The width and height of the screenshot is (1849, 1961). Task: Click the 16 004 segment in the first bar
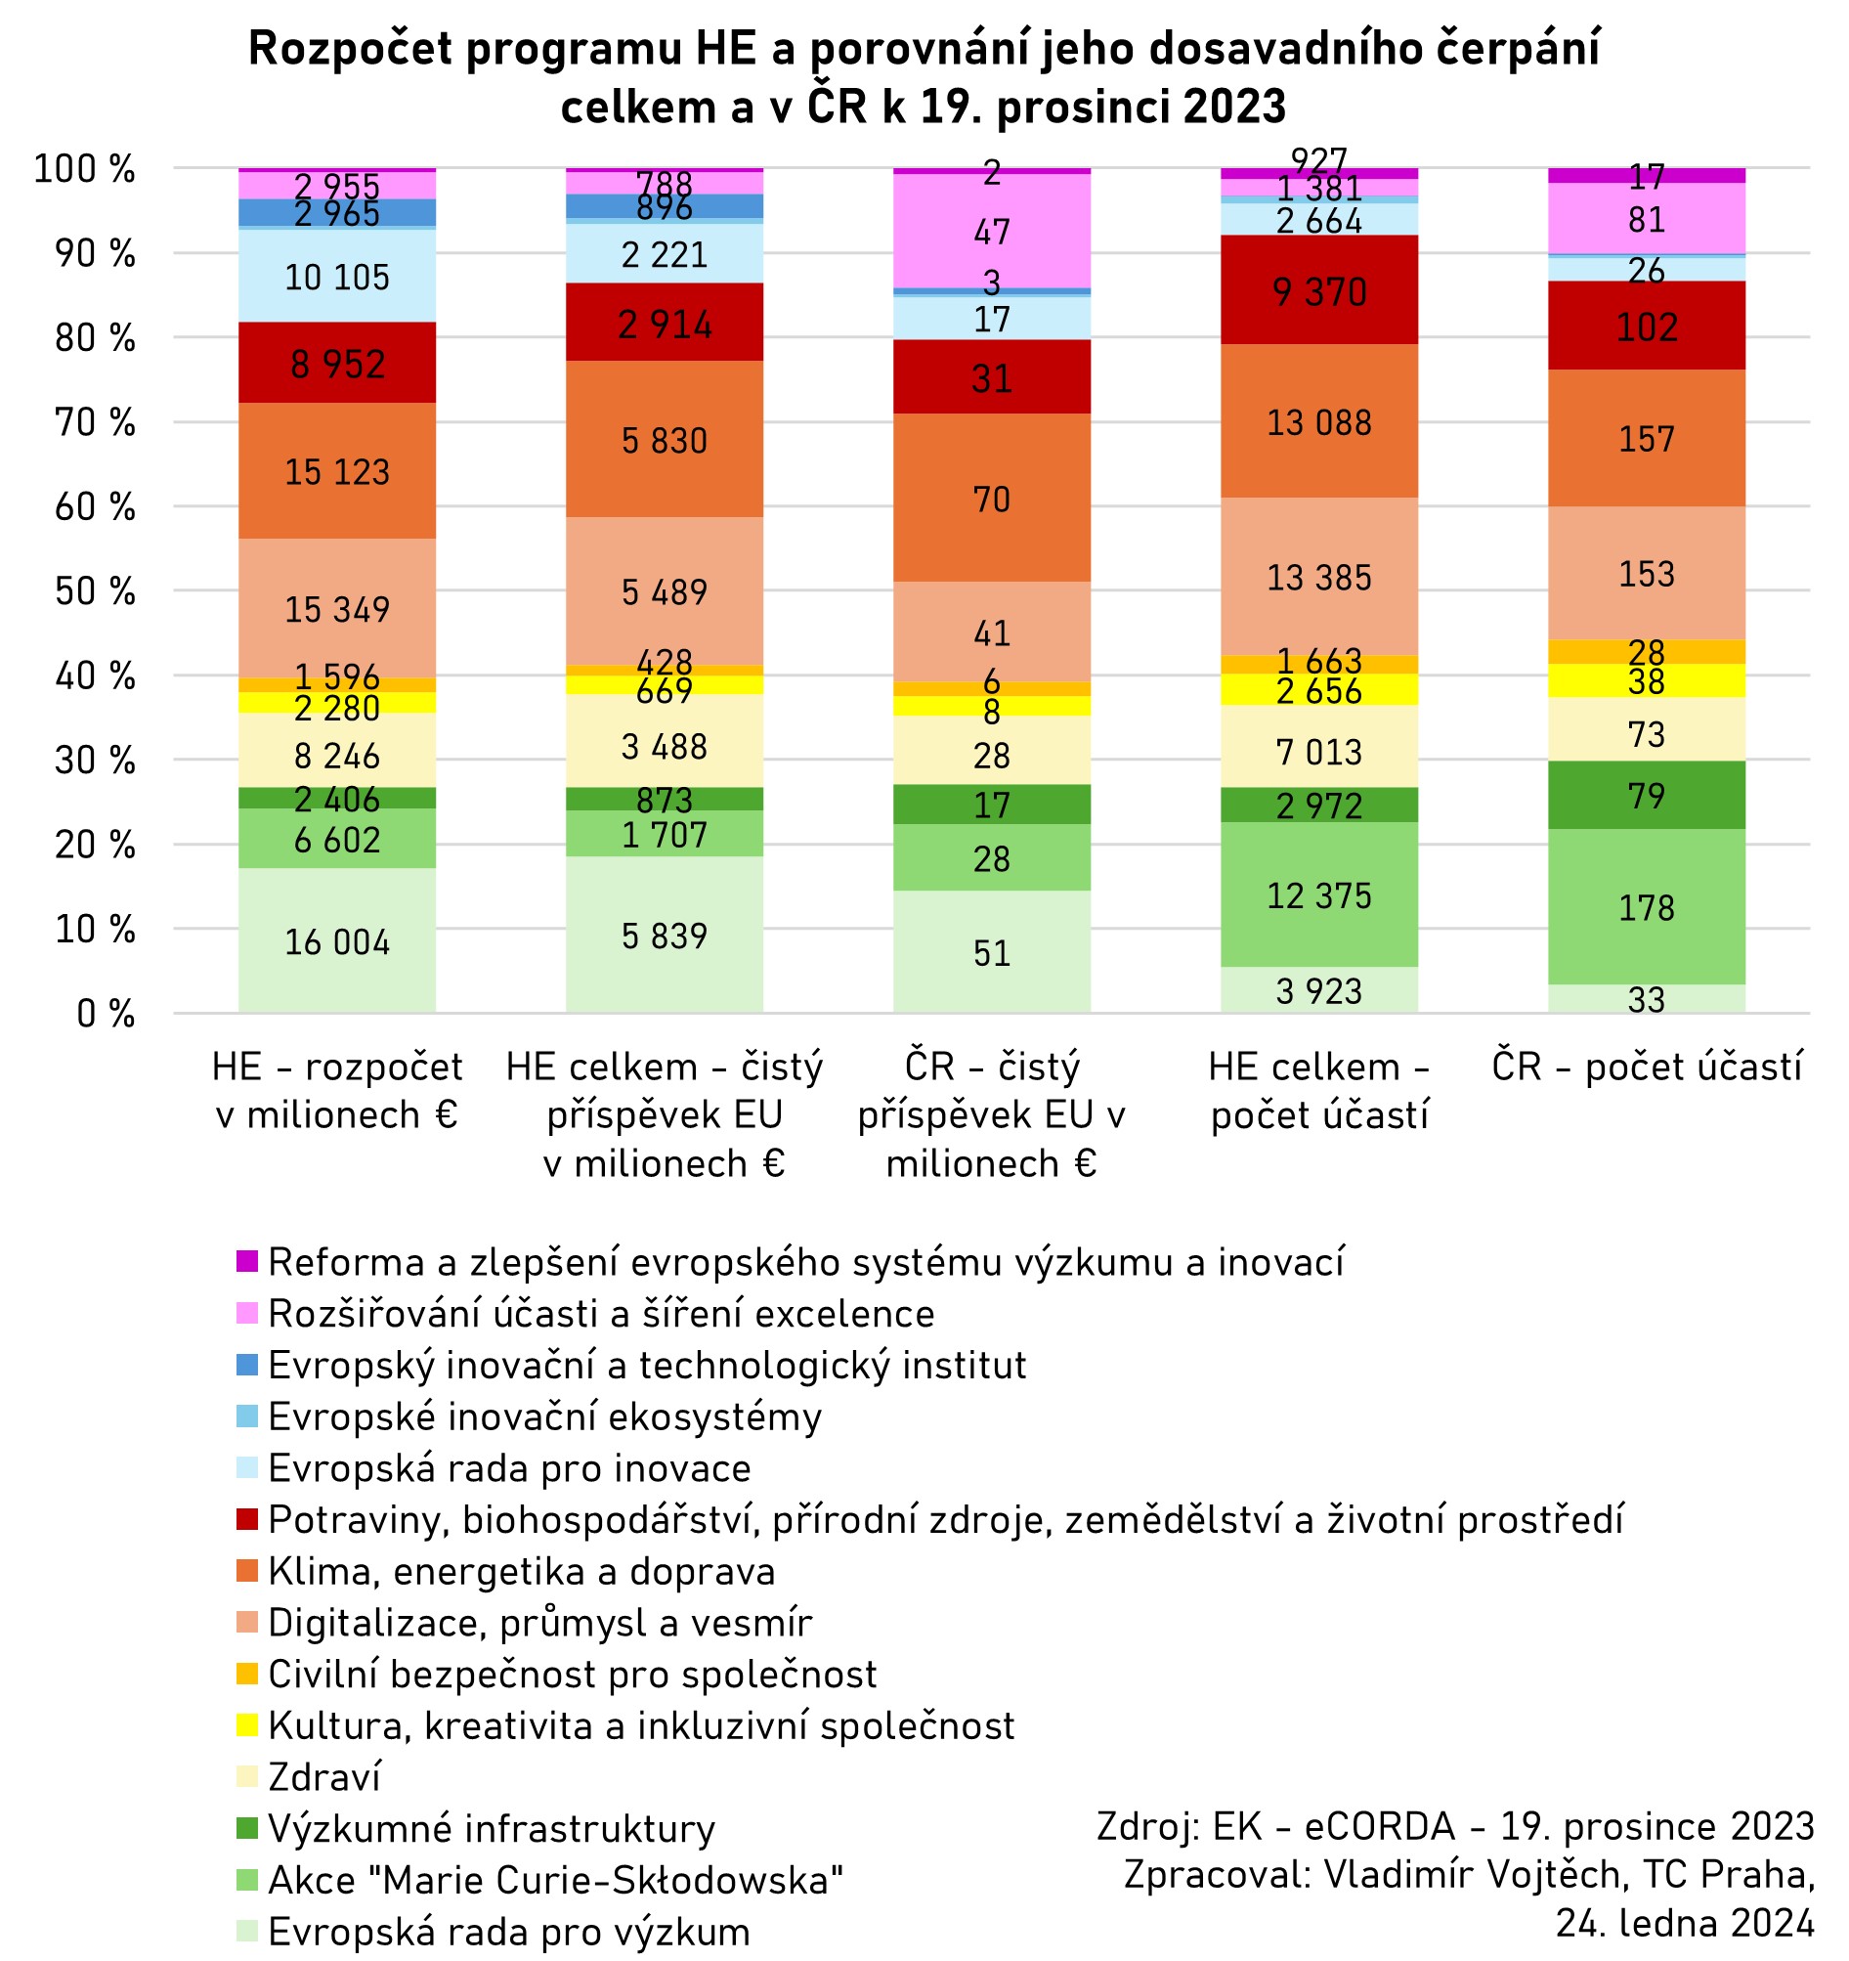tap(337, 942)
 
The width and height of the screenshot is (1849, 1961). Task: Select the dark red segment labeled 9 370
tap(1318, 292)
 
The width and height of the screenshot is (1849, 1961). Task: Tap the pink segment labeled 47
tap(991, 232)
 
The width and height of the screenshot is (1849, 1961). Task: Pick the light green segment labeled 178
tap(1646, 907)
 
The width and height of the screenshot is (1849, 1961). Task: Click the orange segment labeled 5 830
tap(664, 440)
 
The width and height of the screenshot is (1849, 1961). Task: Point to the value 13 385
tap(1318, 577)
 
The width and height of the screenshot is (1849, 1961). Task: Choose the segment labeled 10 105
tap(337, 278)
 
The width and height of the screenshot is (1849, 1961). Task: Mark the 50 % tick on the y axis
tap(95, 590)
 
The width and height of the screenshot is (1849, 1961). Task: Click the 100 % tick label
tap(85, 169)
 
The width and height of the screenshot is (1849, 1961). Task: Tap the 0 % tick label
tap(105, 1013)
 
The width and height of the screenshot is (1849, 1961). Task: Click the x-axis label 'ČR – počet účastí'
tap(1646, 1068)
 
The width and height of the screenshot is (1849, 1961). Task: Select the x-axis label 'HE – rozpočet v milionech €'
tap(337, 1091)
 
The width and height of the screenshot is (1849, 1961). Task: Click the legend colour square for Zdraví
tap(247, 1776)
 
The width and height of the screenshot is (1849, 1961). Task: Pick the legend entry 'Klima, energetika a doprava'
tap(521, 1571)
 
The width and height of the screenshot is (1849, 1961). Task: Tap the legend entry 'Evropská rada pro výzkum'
tap(509, 1932)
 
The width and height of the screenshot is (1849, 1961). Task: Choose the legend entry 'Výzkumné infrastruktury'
tap(492, 1828)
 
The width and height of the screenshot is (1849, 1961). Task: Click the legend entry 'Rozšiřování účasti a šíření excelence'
tap(601, 1314)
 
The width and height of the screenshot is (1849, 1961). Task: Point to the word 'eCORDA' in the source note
tap(1380, 1827)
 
